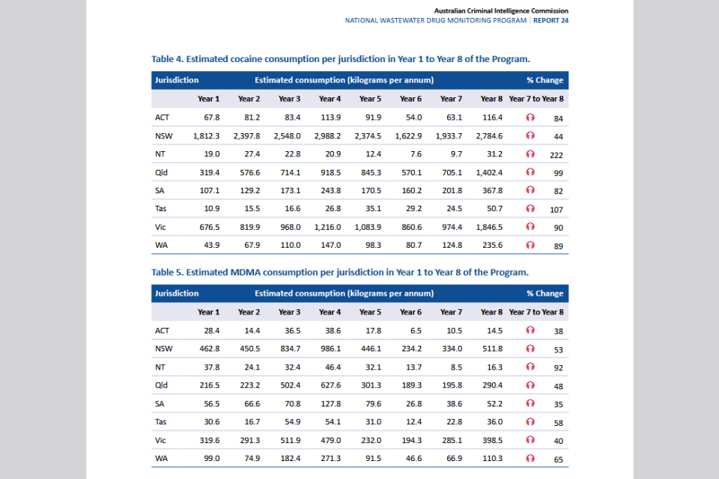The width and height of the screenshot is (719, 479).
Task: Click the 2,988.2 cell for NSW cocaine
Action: tap(327, 136)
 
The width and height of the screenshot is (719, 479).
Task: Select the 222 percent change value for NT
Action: tap(556, 155)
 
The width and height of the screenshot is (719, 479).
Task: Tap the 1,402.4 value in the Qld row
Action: tap(489, 173)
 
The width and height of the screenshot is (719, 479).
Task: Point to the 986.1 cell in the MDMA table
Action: tap(330, 349)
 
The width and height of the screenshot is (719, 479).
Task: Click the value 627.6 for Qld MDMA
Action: tap(330, 385)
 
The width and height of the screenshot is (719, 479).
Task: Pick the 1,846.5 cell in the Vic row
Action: tap(489, 228)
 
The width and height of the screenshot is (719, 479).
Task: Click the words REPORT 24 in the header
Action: tap(550, 21)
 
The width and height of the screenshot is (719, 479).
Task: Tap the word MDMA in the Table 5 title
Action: tap(246, 272)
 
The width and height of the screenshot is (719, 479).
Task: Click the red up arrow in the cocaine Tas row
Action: tap(530, 209)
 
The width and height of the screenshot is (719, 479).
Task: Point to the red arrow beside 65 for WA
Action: tap(530, 458)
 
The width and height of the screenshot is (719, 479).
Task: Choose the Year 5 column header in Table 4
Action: tap(370, 99)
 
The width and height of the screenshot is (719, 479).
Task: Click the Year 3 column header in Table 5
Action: tap(289, 312)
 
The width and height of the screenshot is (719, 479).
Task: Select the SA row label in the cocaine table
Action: tap(160, 191)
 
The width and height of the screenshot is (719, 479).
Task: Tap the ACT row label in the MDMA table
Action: tap(162, 331)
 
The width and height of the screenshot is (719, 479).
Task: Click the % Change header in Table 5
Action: tap(544, 293)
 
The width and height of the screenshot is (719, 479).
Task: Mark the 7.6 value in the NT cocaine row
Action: tap(416, 154)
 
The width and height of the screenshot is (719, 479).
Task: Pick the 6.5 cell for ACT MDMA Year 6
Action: tap(416, 331)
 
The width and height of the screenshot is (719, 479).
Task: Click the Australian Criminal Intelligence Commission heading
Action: tap(501, 10)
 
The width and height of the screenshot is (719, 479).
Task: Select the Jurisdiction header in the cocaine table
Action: tap(177, 80)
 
